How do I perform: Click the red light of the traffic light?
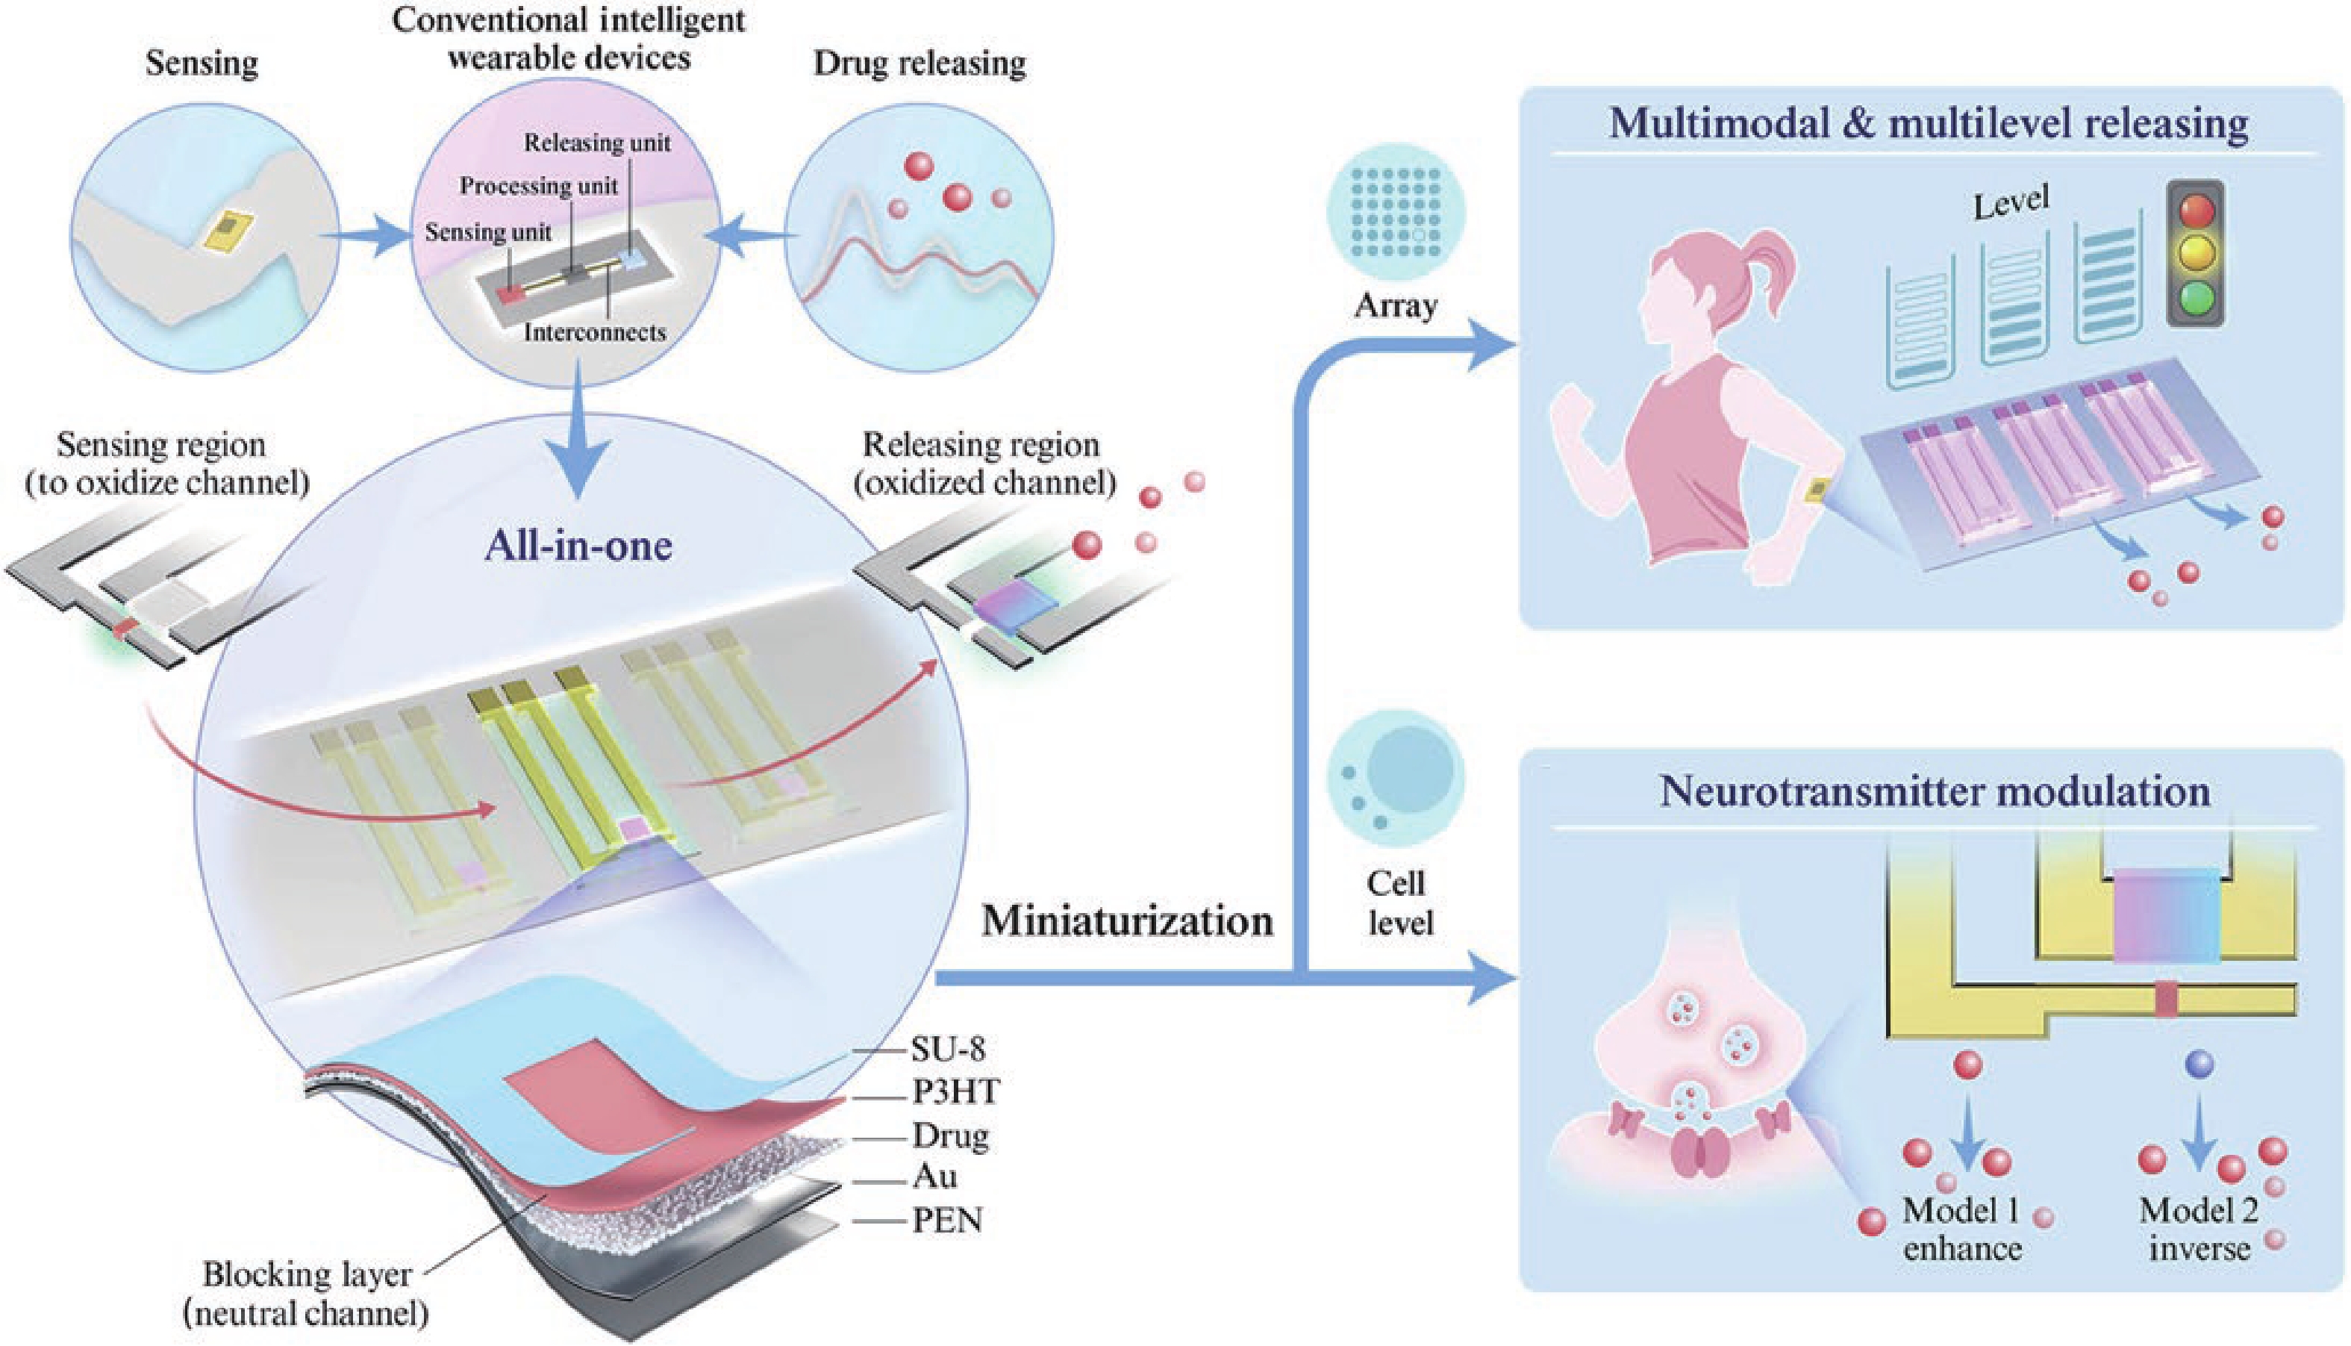coord(2197,211)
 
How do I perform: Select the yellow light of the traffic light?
coord(2197,255)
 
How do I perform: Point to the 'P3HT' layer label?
coord(955,1091)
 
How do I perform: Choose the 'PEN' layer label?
coord(947,1221)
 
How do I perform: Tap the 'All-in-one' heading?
coord(578,546)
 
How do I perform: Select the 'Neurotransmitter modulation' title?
coord(1935,791)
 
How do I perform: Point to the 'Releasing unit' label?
coord(597,143)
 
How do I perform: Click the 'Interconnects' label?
coord(594,332)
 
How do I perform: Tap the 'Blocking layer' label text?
coord(307,1275)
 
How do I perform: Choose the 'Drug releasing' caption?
coord(920,63)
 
